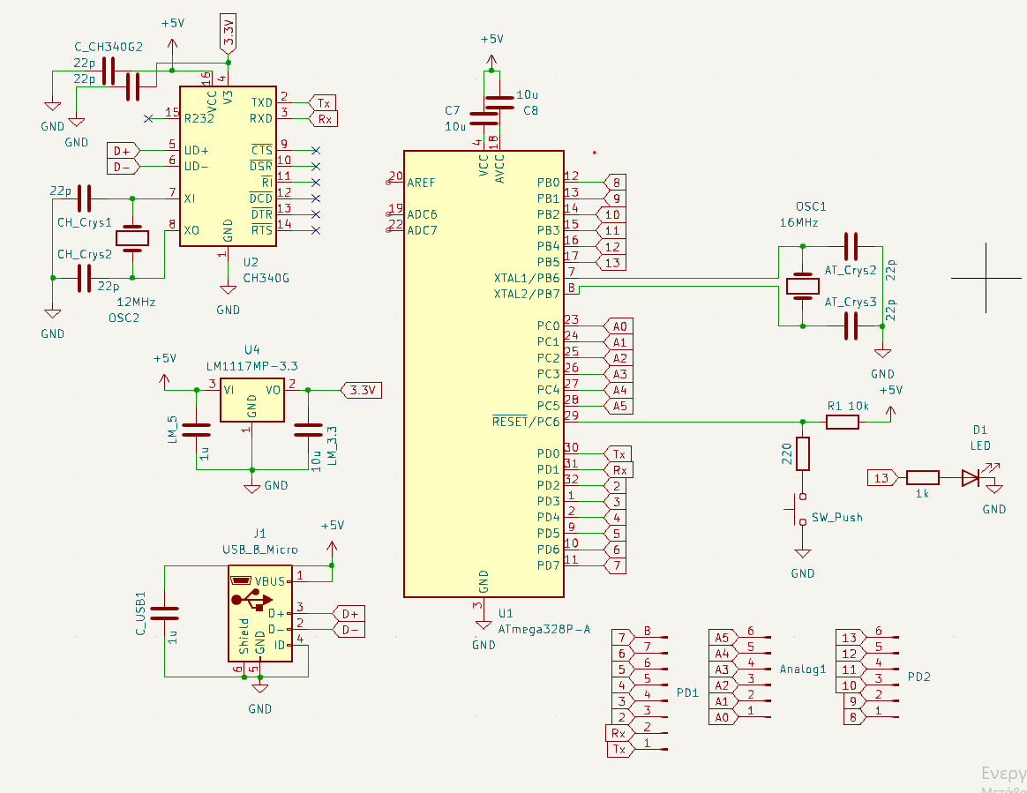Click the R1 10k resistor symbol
[x=842, y=423]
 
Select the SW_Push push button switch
[x=802, y=509]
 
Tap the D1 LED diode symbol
[x=971, y=478]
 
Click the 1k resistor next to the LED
[x=922, y=478]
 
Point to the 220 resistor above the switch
[x=802, y=453]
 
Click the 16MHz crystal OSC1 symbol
[x=802, y=286]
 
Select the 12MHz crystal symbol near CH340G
[x=132, y=237]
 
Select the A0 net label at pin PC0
[x=618, y=325]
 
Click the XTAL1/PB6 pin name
[x=527, y=278]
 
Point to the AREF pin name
[x=422, y=182]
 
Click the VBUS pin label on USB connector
[x=269, y=581]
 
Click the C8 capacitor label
[x=530, y=110]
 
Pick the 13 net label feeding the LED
[x=880, y=478]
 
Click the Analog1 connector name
[x=802, y=669]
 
